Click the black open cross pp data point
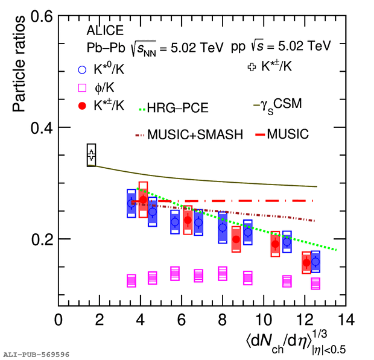(x=91, y=155)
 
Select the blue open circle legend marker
(x=82, y=70)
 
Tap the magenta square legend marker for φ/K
(x=82, y=87)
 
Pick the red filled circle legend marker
(x=82, y=106)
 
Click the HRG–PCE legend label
(x=178, y=108)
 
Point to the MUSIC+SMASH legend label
(x=195, y=134)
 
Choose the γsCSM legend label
(x=281, y=106)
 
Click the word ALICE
(x=105, y=30)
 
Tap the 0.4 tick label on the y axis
(x=42, y=128)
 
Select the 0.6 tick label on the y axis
(x=42, y=17)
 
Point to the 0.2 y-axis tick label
(x=42, y=239)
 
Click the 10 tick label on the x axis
(x=264, y=320)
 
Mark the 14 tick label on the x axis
(x=346, y=320)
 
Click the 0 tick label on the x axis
(x=59, y=320)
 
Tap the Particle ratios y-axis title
(x=19, y=64)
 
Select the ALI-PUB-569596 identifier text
(x=36, y=355)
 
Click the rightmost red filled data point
(x=306, y=263)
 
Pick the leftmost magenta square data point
(x=132, y=281)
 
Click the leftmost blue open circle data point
(x=131, y=203)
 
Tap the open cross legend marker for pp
(x=252, y=67)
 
